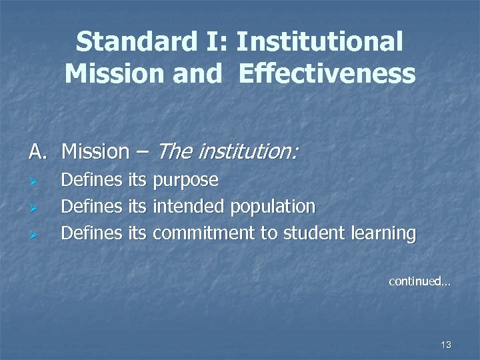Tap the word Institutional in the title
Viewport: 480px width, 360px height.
319,42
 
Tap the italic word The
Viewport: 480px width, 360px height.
173,153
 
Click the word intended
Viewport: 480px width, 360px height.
189,207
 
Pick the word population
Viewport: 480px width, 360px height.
273,207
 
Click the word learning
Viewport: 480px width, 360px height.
382,233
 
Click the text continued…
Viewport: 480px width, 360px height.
420,281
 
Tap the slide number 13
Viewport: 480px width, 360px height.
446,345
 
